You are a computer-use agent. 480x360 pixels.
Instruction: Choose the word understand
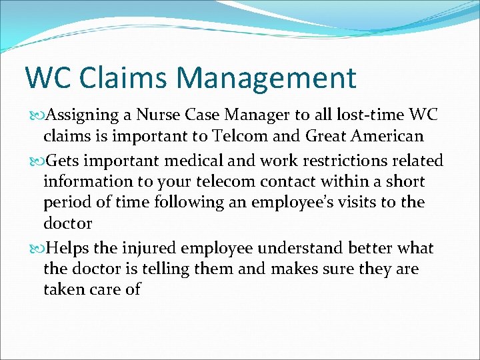294,248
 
